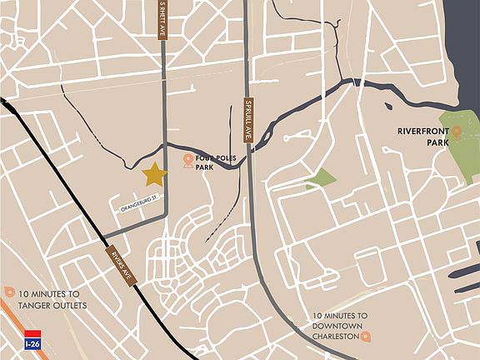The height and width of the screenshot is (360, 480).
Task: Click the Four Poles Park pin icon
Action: pyautogui.click(x=188, y=159)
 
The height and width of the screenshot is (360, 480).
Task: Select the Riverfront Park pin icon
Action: pyautogui.click(x=456, y=132)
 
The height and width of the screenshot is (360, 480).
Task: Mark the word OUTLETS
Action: pyautogui.click(x=72, y=305)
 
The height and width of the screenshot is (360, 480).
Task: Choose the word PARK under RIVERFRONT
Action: pyautogui.click(x=409, y=142)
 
